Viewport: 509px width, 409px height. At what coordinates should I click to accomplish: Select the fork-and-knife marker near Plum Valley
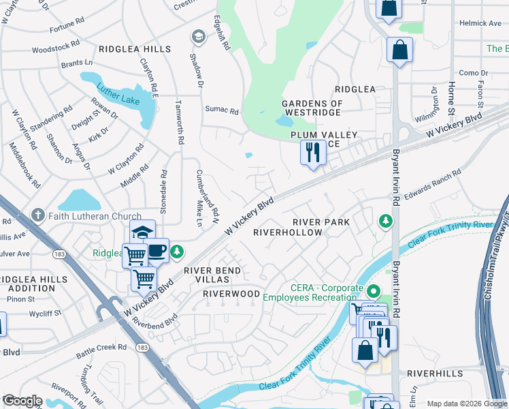tap(313, 152)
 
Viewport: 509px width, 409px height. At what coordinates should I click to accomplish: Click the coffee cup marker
tap(157, 250)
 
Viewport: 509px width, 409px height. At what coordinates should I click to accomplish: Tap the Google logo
tap(22, 401)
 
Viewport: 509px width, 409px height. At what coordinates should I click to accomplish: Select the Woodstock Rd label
tap(56, 49)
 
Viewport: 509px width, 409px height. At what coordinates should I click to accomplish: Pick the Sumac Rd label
tap(222, 110)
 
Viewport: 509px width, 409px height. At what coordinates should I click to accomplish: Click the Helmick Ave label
tap(479, 23)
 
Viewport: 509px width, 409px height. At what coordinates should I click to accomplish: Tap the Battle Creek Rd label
tap(101, 347)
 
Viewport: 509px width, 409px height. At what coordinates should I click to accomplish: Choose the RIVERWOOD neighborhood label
tap(231, 294)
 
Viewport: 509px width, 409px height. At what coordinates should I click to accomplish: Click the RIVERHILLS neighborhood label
tap(436, 374)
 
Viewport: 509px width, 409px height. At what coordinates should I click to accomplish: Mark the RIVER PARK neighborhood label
tap(321, 222)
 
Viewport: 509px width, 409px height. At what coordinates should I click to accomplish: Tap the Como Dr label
tap(470, 73)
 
